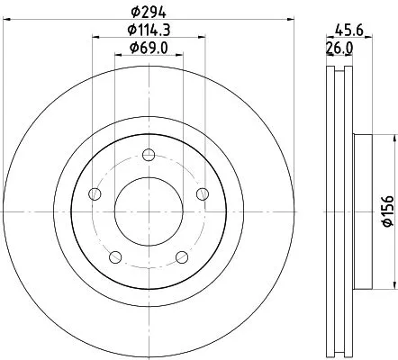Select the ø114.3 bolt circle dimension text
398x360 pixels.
pyautogui.click(x=149, y=31)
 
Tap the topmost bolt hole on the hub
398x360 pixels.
pyautogui.click(x=149, y=153)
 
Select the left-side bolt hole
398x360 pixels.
pyautogui.click(x=95, y=193)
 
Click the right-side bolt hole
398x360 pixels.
pyautogui.click(x=203, y=193)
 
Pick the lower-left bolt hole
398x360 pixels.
pyautogui.click(x=115, y=256)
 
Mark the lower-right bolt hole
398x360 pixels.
pyautogui.click(x=182, y=256)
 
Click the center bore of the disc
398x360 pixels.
pyautogui.click(x=149, y=211)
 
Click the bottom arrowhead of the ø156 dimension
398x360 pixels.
pyautogui.click(x=393, y=281)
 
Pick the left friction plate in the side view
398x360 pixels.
pyautogui.click(x=330, y=211)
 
